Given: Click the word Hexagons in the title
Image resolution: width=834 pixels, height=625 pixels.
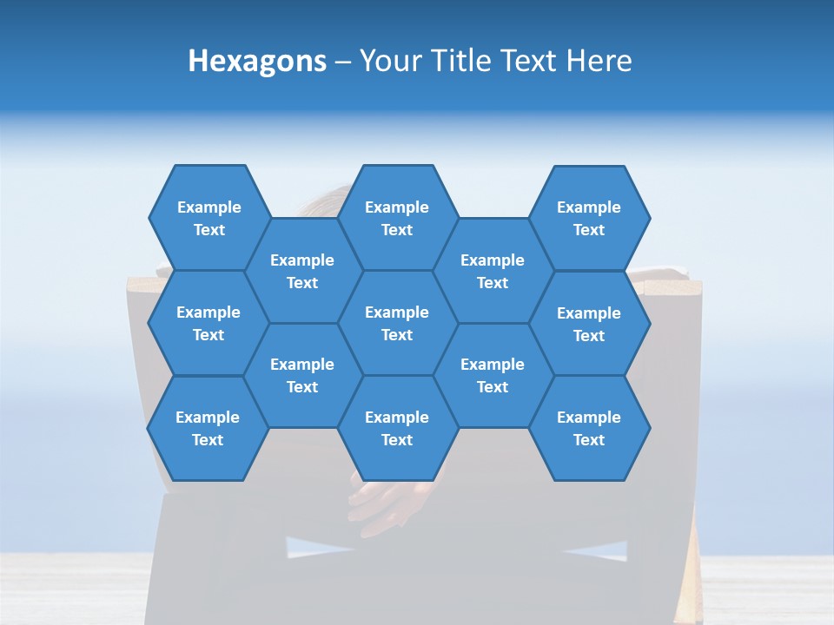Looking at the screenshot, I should (x=257, y=61).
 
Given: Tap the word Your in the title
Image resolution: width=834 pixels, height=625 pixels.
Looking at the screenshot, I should (x=388, y=61).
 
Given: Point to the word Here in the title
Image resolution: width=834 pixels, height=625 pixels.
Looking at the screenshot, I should (x=599, y=61).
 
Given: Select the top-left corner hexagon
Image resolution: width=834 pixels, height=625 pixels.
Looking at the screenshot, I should (x=208, y=218).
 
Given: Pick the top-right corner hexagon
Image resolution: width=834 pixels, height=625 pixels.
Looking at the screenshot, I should (x=589, y=218).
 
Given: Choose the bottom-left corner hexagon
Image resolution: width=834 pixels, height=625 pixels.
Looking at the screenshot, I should (x=208, y=428).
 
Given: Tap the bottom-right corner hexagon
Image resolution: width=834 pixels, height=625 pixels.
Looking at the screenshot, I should (x=589, y=428).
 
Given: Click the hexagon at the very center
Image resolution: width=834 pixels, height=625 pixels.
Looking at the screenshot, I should (x=397, y=323).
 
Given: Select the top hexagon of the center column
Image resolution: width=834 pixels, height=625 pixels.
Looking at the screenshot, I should (x=397, y=218).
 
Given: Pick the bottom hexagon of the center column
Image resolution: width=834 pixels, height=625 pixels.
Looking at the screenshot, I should (x=397, y=428).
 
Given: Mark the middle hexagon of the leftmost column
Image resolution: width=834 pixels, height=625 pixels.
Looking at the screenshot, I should (x=208, y=323).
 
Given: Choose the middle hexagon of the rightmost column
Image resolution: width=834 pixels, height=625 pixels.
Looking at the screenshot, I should (x=589, y=324).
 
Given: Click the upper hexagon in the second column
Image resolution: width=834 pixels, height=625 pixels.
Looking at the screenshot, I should (x=302, y=271).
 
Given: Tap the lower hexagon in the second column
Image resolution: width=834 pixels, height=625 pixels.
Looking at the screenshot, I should (x=302, y=375).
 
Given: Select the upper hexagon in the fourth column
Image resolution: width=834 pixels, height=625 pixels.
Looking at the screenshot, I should (x=493, y=271).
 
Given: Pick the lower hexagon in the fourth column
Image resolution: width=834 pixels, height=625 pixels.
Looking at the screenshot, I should (x=493, y=375).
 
